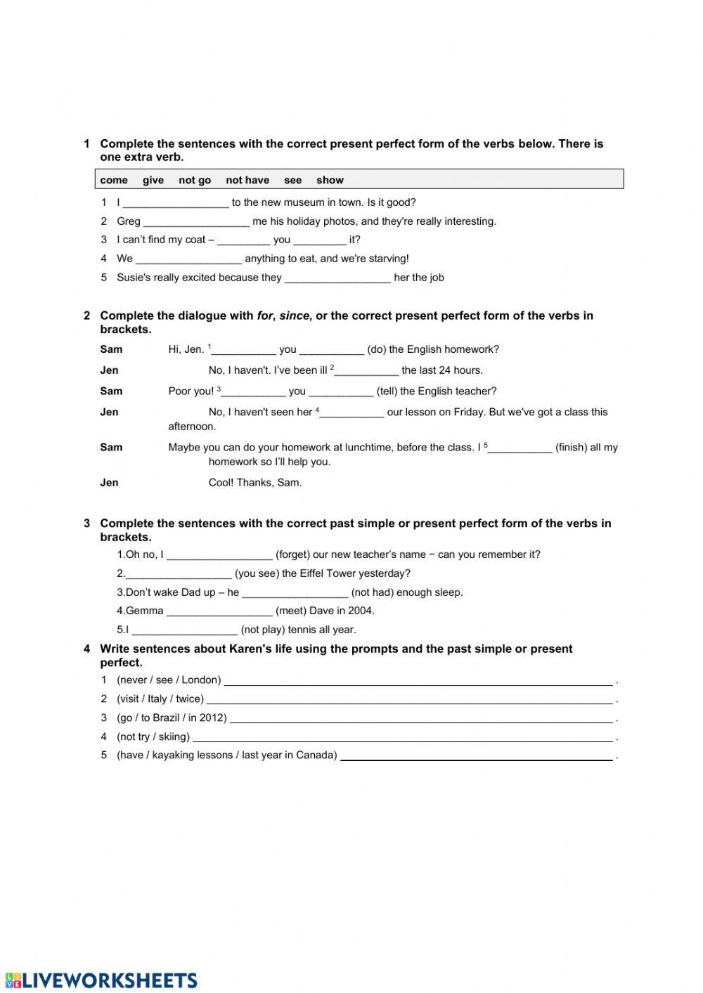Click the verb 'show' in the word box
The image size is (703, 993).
click(330, 180)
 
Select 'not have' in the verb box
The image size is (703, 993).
click(247, 180)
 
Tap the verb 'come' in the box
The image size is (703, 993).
click(114, 180)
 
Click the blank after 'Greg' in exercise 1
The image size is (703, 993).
click(196, 222)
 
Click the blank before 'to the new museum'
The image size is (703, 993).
click(176, 203)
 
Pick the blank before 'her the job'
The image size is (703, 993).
click(337, 278)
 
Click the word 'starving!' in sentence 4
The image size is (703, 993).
click(385, 259)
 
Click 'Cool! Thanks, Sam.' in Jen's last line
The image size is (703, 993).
click(255, 483)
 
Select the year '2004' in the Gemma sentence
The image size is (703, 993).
click(363, 611)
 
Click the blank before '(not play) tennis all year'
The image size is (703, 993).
click(184, 630)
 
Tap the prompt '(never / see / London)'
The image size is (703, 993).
click(169, 680)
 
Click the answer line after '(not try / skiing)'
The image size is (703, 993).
click(402, 738)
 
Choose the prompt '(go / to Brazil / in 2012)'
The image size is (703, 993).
click(172, 718)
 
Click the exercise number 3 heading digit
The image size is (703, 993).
click(87, 524)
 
